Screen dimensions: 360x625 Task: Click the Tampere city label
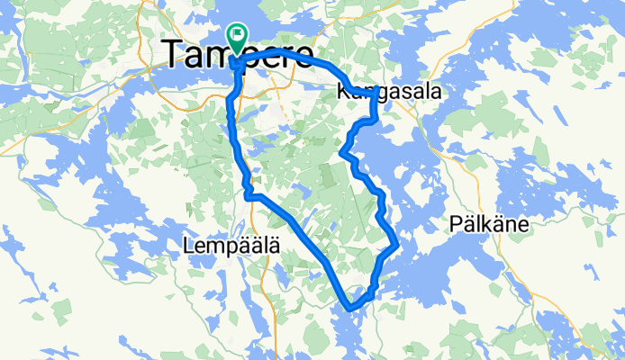coord(239,55)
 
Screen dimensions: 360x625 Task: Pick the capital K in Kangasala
coord(342,92)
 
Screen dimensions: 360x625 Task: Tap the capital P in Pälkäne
coord(456,223)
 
